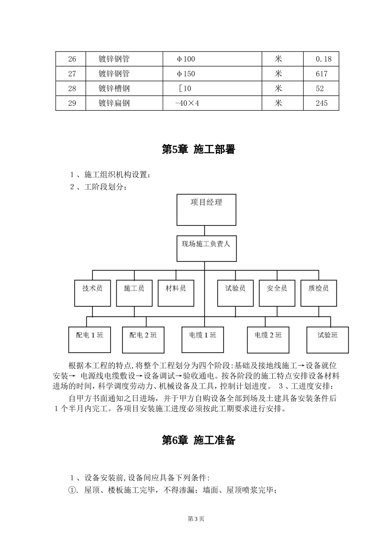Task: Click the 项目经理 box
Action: (206, 210)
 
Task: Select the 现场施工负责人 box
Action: (206, 249)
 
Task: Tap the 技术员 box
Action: (92, 293)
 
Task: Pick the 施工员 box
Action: (134, 293)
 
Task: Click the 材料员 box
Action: (176, 293)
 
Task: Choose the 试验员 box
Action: (235, 293)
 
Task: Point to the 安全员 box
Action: (277, 293)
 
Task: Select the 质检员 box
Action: (319, 293)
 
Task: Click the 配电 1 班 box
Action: (90, 340)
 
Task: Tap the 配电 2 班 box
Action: (143, 340)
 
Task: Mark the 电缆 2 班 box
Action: (268, 340)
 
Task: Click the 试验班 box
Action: (328, 340)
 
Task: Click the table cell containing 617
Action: (321, 74)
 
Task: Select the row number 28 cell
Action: (72, 88)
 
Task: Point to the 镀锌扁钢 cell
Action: (114, 103)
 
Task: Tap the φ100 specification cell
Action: (186, 59)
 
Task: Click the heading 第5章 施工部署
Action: (198, 149)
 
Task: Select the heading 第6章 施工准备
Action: (198, 440)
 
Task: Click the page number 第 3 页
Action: (196, 519)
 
